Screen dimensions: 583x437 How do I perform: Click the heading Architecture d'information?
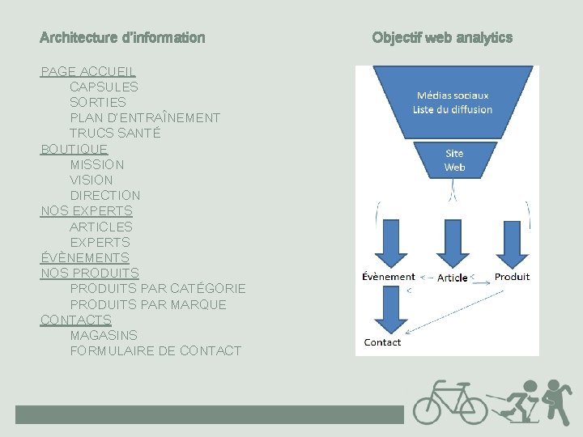(x=122, y=37)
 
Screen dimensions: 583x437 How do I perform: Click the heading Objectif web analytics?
(x=442, y=37)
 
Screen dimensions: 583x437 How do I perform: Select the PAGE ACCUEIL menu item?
(x=88, y=71)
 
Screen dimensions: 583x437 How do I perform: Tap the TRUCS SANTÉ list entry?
(x=115, y=133)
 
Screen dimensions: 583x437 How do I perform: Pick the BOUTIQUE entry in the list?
(x=74, y=149)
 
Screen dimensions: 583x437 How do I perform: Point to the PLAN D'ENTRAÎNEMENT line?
(x=145, y=117)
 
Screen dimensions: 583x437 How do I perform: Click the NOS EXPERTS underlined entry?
(x=86, y=211)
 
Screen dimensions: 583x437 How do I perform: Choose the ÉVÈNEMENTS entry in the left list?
(x=84, y=257)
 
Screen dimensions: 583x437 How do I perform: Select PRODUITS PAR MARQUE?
(x=148, y=304)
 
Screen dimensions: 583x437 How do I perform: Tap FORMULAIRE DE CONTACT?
(x=155, y=350)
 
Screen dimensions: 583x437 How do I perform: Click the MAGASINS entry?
(x=104, y=335)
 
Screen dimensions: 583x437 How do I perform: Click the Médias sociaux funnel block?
(x=452, y=102)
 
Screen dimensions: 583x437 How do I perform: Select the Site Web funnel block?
(x=454, y=159)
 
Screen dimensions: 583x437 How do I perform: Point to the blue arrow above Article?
(x=453, y=243)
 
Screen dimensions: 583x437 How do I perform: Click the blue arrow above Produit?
(x=511, y=243)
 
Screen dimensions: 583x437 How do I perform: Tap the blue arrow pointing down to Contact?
(x=389, y=308)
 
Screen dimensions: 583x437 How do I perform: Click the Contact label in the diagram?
(x=382, y=342)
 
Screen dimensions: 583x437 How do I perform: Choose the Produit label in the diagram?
(x=512, y=277)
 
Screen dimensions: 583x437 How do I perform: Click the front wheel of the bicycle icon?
(x=471, y=407)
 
